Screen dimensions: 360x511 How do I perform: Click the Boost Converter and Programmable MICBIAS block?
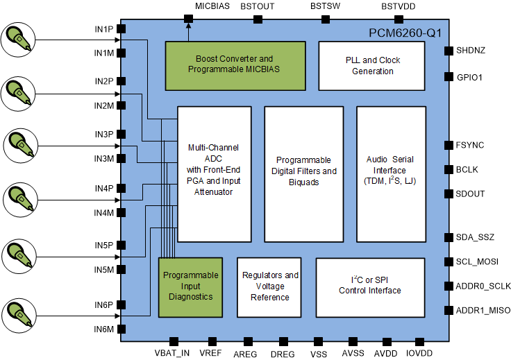click(x=235, y=65)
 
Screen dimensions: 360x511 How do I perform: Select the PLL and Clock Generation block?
click(x=371, y=65)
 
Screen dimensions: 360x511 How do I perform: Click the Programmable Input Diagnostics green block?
click(x=190, y=286)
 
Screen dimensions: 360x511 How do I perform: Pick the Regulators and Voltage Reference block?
click(x=269, y=286)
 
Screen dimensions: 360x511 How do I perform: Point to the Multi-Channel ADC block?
click(x=214, y=173)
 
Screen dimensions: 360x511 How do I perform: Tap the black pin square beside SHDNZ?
click(x=448, y=51)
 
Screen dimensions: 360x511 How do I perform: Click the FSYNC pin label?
click(x=470, y=145)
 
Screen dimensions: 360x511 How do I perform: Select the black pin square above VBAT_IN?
click(x=173, y=341)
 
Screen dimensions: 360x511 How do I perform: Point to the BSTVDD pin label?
click(x=399, y=6)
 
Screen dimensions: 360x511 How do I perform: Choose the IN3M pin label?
click(x=104, y=159)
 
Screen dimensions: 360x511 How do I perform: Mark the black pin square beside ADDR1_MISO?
click(x=448, y=310)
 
